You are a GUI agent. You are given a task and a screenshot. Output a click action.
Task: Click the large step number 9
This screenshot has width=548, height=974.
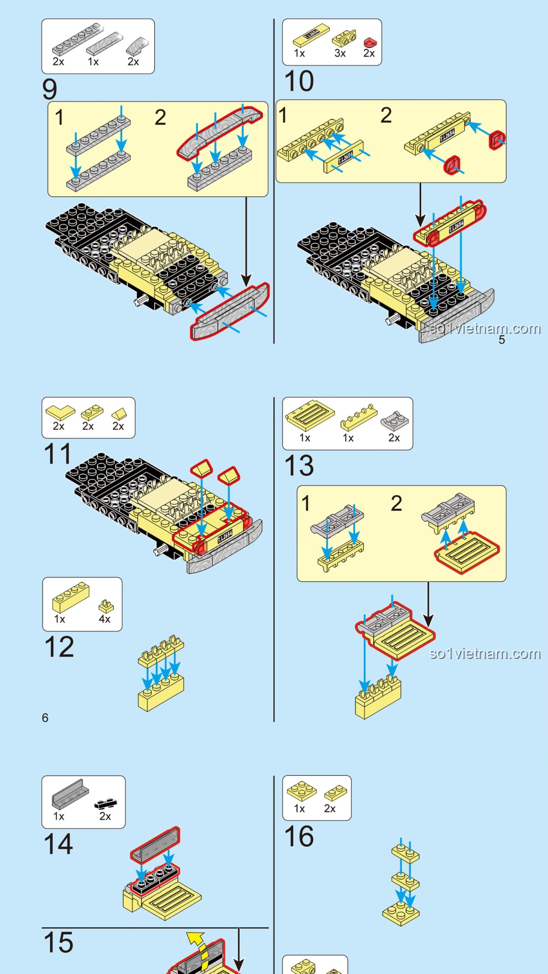(50, 89)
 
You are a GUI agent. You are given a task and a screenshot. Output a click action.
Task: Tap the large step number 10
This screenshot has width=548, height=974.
(299, 81)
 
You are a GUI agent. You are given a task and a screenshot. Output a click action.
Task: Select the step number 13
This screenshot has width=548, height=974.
(299, 465)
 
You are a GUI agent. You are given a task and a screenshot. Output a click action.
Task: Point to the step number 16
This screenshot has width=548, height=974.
(299, 836)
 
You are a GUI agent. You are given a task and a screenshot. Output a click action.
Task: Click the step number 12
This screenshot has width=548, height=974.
(59, 647)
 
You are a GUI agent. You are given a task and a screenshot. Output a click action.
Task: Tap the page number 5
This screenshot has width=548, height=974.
(501, 340)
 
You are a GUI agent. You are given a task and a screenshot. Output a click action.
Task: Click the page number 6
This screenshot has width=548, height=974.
(45, 718)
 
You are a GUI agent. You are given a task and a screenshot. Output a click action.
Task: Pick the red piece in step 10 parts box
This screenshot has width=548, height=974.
(370, 42)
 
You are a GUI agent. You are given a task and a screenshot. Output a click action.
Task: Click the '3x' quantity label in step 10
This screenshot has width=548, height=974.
(340, 53)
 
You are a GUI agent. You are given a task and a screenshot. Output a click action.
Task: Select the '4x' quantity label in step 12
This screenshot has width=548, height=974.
(105, 619)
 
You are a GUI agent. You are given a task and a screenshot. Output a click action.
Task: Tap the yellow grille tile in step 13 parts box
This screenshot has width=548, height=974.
(310, 415)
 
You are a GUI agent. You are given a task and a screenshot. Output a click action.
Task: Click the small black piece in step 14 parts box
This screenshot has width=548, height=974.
(106, 803)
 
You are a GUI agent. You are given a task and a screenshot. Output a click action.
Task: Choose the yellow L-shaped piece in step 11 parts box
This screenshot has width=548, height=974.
(60, 412)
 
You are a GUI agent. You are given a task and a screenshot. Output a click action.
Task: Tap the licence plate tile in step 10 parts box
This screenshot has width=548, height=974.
(311, 37)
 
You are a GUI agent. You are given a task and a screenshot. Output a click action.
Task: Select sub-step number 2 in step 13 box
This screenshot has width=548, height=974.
(396, 503)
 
